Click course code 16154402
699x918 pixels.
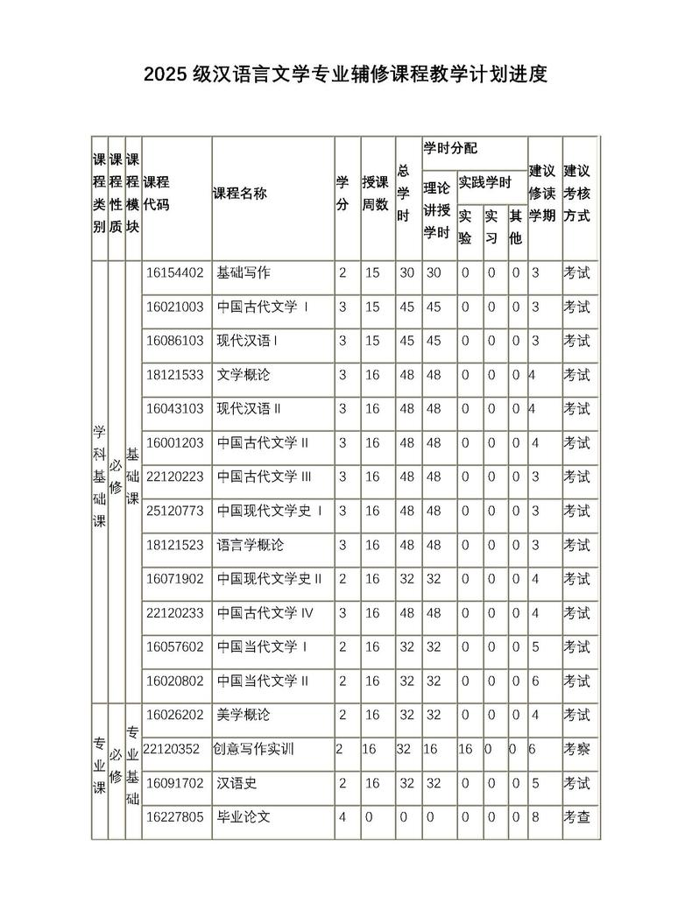tap(175, 272)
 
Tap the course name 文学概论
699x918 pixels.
tap(244, 375)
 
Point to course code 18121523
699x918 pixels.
tap(175, 545)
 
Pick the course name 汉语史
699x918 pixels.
tap(237, 783)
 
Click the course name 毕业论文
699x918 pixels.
tap(244, 817)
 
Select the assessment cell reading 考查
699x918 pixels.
tap(577, 817)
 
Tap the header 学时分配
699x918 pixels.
tap(450, 148)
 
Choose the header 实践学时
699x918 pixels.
tap(484, 183)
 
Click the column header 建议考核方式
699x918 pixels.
tap(577, 192)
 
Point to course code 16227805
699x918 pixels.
tap(175, 817)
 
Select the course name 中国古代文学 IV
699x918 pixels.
tap(265, 613)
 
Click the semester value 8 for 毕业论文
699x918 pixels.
tap(534, 817)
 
